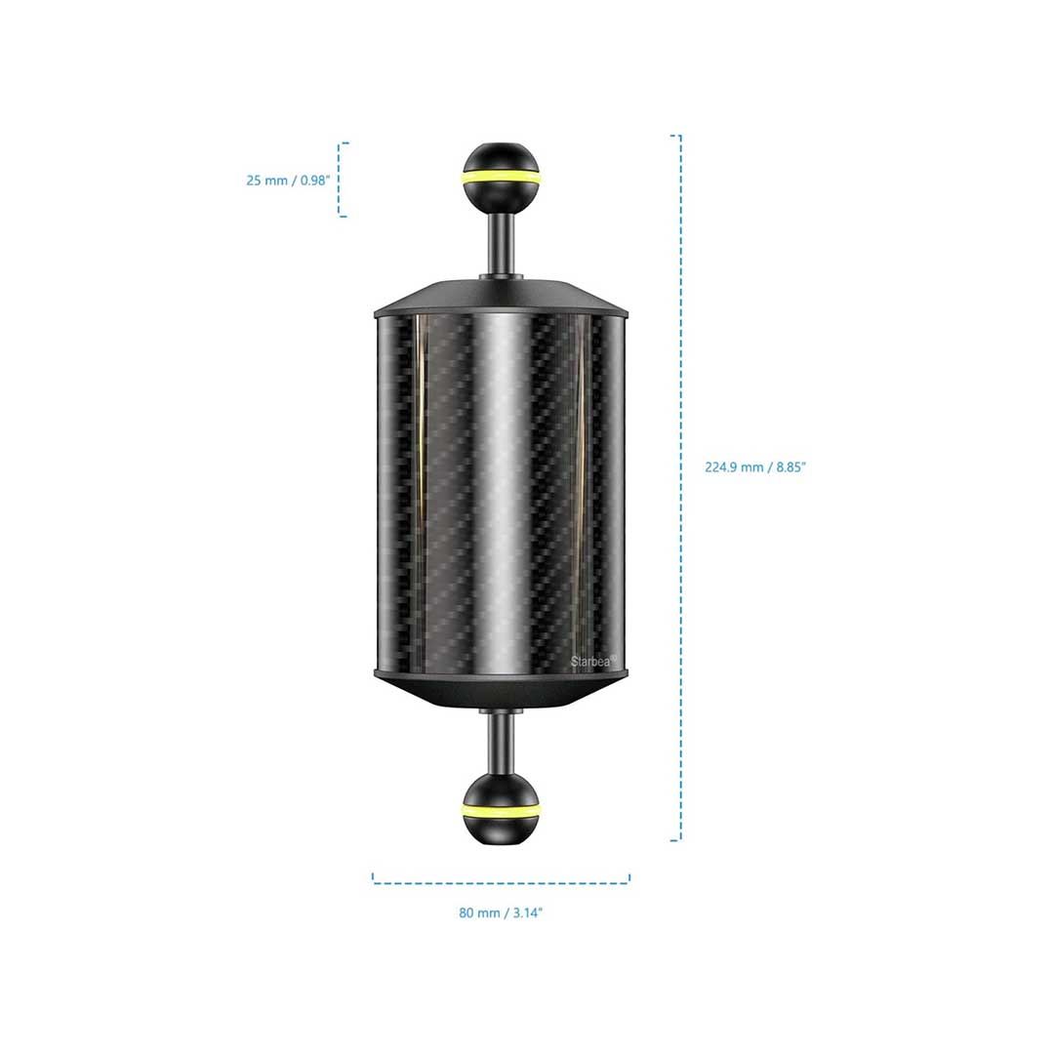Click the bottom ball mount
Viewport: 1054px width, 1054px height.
coord(501,807)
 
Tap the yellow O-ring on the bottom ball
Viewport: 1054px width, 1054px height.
coord(501,805)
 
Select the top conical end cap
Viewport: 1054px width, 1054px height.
coord(501,298)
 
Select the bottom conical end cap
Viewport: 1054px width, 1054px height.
coord(501,690)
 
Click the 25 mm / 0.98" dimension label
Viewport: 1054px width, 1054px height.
coord(288,181)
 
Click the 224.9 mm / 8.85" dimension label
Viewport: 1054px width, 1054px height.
coord(754,467)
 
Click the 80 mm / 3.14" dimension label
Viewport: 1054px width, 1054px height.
coord(500,912)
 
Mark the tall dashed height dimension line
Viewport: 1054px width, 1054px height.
coord(680,488)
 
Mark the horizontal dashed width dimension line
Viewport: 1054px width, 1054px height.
coord(501,882)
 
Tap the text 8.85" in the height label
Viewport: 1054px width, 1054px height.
coord(790,467)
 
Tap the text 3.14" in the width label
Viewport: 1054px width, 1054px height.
coord(528,912)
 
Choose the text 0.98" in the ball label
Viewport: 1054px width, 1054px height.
coord(314,181)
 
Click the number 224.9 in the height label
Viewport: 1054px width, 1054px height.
coord(720,467)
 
